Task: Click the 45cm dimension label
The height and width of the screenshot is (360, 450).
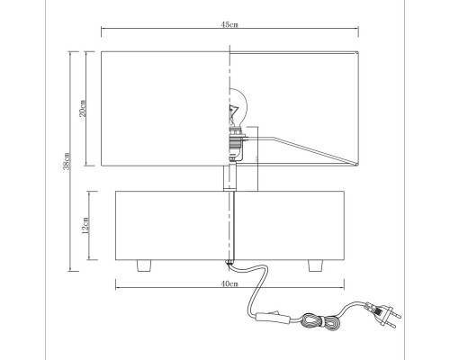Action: [x=229, y=24]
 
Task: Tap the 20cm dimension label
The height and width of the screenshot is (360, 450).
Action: [x=83, y=108]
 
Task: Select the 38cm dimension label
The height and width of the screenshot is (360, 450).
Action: [x=67, y=161]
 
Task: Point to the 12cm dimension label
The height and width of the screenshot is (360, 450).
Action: [x=85, y=225]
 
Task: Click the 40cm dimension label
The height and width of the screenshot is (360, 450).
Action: [x=229, y=283]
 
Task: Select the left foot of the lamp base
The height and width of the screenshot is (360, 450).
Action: [x=144, y=265]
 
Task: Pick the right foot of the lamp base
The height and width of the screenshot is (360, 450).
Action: [x=316, y=265]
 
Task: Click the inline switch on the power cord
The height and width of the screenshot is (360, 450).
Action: [x=273, y=318]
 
